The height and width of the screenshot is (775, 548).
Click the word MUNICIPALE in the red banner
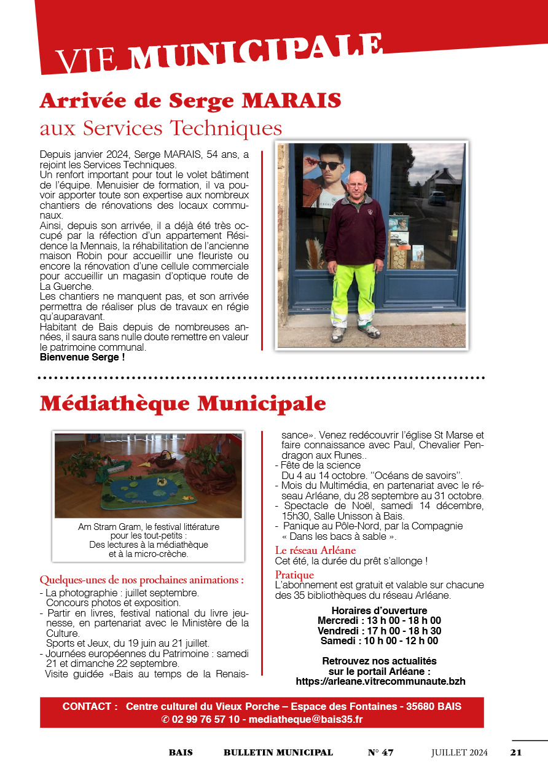[x=256, y=52]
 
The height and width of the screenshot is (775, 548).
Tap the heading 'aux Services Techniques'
[x=161, y=128]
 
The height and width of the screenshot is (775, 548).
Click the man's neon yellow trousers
[x=353, y=289]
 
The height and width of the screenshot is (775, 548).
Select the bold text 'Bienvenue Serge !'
[x=82, y=357]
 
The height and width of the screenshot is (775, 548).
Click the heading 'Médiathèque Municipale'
[x=182, y=403]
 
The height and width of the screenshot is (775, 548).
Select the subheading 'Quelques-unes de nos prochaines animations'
[x=141, y=580]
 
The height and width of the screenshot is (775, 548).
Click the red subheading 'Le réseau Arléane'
[x=315, y=550]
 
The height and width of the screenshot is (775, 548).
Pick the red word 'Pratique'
[x=294, y=575]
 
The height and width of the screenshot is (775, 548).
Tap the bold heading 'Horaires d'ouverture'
[x=379, y=610]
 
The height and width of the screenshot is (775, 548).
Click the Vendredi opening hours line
[x=379, y=631]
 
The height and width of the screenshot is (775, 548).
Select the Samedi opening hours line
[x=379, y=641]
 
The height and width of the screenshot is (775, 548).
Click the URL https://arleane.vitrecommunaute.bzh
[x=380, y=681]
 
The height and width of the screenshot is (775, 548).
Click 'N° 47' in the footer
[x=380, y=752]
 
